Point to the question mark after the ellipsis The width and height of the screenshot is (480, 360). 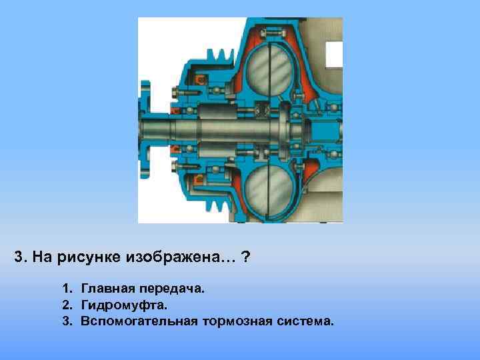(247, 258)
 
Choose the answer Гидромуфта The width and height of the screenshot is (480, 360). (124, 305)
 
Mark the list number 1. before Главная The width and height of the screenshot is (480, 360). (67, 289)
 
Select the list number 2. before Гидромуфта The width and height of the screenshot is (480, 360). (67, 305)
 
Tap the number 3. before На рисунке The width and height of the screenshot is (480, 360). (19, 258)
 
